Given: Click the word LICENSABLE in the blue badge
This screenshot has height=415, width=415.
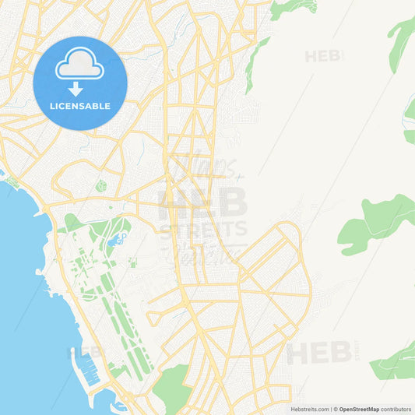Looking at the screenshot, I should [80, 106].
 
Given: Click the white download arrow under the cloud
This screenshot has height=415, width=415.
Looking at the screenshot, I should [76, 89].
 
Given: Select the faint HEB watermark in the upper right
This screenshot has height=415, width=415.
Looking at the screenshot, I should [323, 56].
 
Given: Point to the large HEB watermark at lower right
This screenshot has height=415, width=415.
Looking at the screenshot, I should [319, 353].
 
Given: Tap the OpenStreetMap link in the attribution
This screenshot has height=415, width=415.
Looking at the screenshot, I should [359, 409].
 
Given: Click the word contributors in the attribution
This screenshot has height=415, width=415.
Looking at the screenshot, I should [396, 409].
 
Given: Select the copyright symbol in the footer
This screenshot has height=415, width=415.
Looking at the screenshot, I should [336, 409].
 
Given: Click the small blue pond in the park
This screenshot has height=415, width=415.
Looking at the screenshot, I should [119, 238].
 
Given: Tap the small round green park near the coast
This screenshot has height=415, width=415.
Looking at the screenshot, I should [100, 185].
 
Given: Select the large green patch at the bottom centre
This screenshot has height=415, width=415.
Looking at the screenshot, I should [173, 388].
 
